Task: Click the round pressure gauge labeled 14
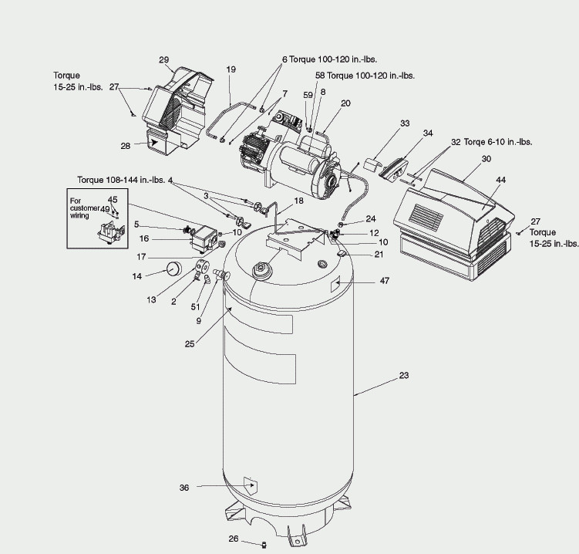click(174, 269)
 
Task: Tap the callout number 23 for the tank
click(404, 375)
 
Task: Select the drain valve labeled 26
click(264, 545)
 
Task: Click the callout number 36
click(184, 488)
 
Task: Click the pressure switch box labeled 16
click(204, 238)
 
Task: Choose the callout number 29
click(164, 60)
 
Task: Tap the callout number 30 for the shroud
click(486, 159)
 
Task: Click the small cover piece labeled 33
click(372, 164)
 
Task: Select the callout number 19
click(231, 69)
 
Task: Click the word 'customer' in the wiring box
click(85, 208)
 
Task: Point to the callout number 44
click(500, 180)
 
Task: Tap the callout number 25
click(190, 344)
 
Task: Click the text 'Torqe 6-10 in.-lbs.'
click(498, 142)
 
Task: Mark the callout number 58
click(320, 76)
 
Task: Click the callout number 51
click(195, 307)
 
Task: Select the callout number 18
click(298, 201)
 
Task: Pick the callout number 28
click(126, 146)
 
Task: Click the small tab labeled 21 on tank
click(342, 253)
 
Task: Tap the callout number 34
click(428, 133)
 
